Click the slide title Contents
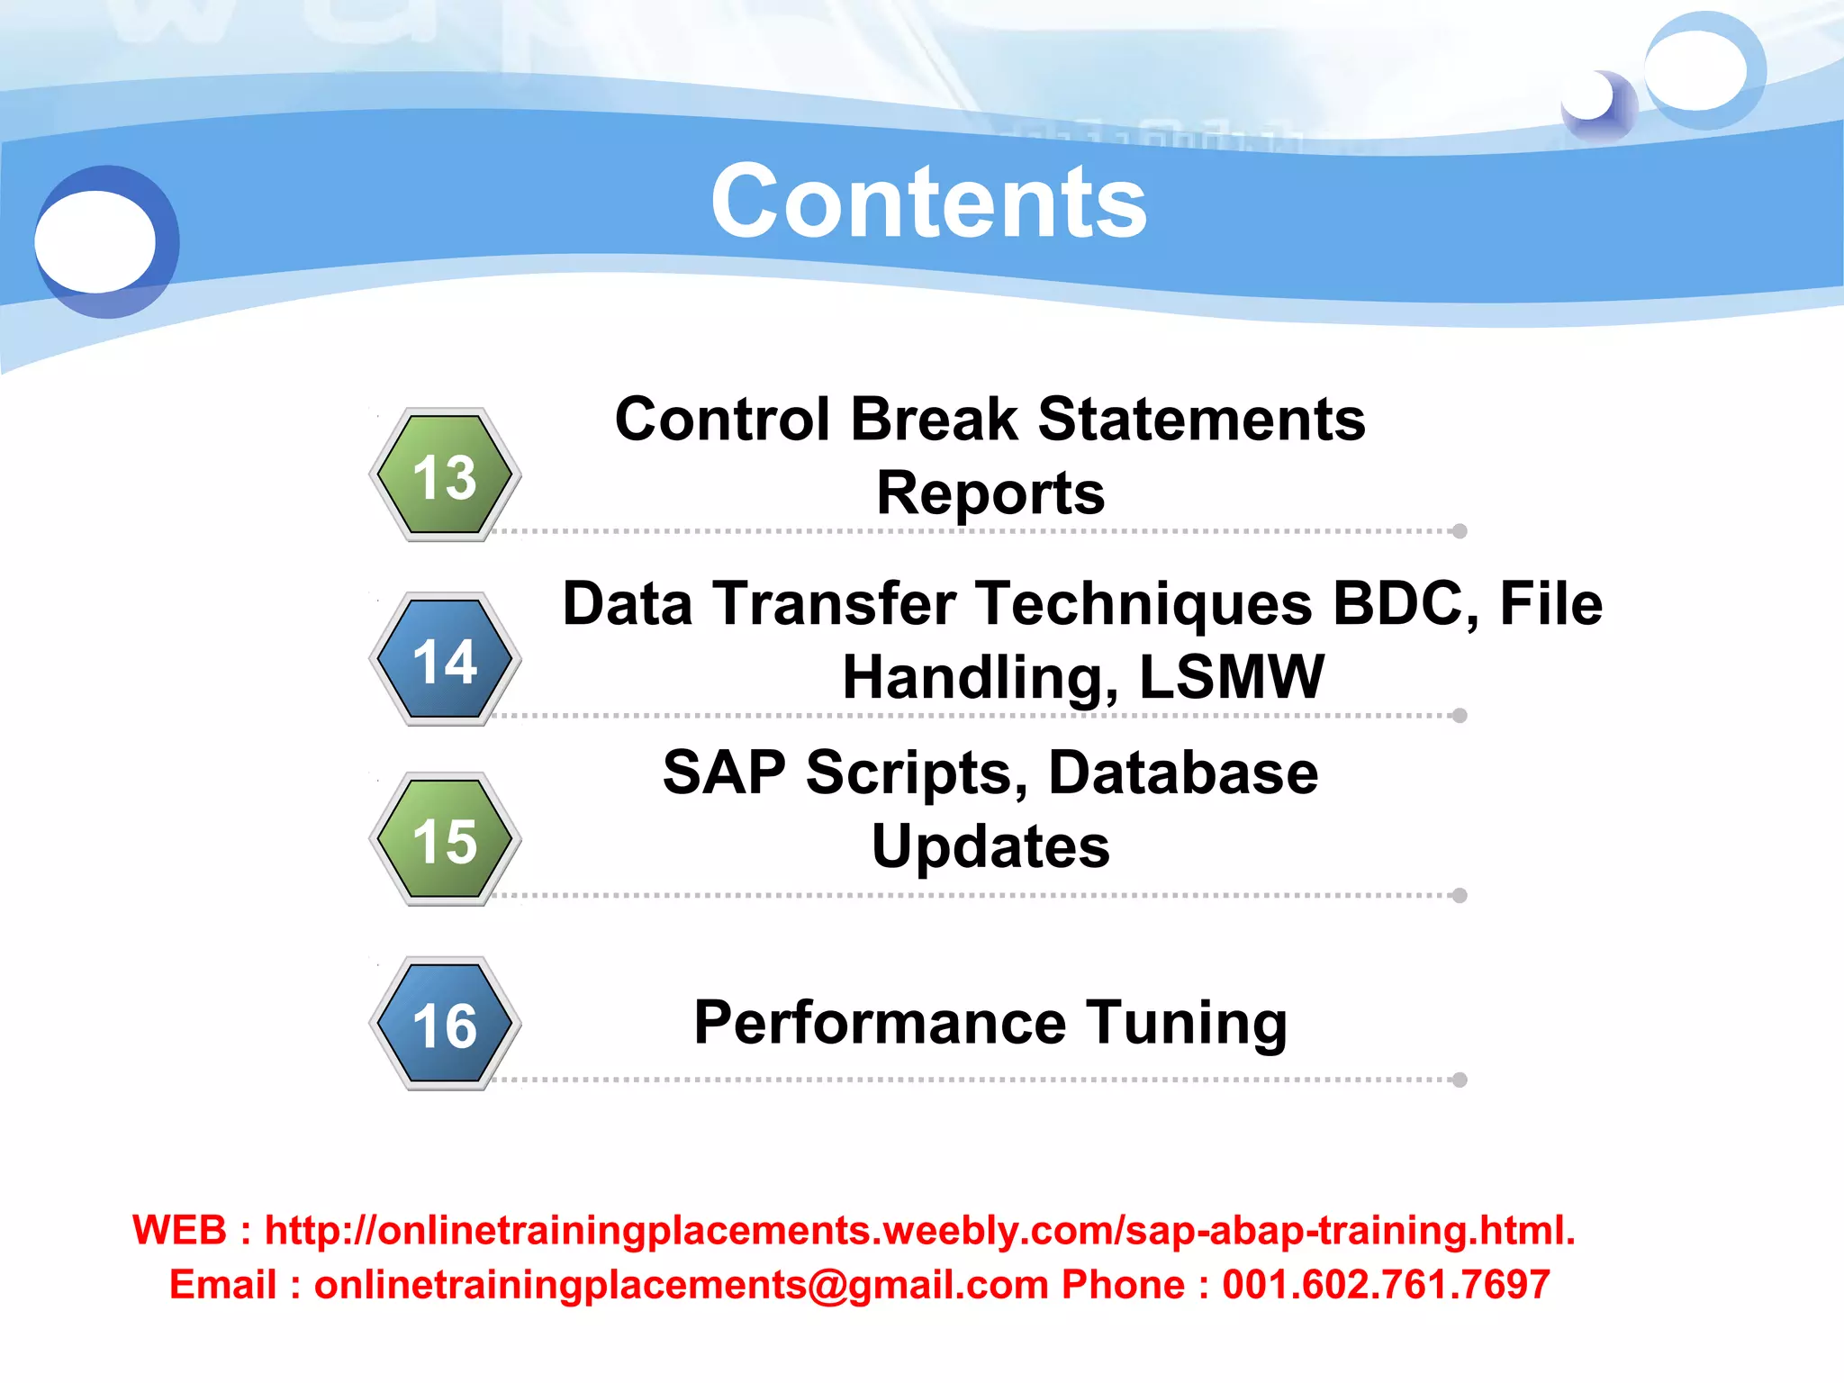pyautogui.click(x=928, y=202)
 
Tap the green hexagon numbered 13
pyautogui.click(x=445, y=475)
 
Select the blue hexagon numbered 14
pyautogui.click(x=445, y=660)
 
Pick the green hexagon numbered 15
pyautogui.click(x=445, y=840)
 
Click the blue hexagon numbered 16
pyautogui.click(x=445, y=1024)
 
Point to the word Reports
pyautogui.click(x=990, y=493)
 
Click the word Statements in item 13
pyautogui.click(x=1201, y=420)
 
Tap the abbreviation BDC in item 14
pyautogui.click(x=1404, y=603)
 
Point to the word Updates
pyautogui.click(x=990, y=846)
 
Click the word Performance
pyautogui.click(x=880, y=1023)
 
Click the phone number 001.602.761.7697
pyautogui.click(x=1386, y=1284)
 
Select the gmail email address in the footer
pyautogui.click(x=681, y=1284)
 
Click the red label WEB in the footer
pyautogui.click(x=179, y=1230)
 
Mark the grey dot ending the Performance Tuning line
pyautogui.click(x=1460, y=1080)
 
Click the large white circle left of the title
pyautogui.click(x=95, y=241)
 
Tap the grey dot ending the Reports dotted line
pyautogui.click(x=1460, y=531)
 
